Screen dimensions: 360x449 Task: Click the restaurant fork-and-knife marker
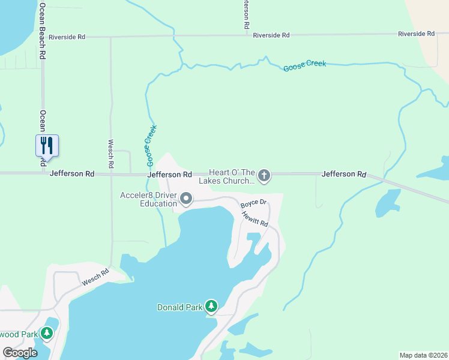coord(47,145)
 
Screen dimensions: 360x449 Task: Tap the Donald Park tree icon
coord(211,307)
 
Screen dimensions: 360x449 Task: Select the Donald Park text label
coord(179,307)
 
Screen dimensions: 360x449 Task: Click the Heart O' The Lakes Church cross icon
coord(264,176)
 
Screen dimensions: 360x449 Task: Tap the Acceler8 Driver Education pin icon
coord(186,199)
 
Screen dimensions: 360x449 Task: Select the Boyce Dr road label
coord(253,204)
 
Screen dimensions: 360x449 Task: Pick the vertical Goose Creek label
coord(151,146)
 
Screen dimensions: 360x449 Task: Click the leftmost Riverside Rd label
coord(67,37)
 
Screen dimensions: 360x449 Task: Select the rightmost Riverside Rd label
coord(416,34)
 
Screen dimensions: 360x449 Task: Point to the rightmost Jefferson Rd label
coord(343,174)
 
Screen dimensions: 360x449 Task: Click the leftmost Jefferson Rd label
coord(72,173)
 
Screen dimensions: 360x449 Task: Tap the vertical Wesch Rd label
coord(111,154)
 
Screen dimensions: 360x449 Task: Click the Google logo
coord(20,352)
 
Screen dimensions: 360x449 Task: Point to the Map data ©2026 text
coord(423,355)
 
